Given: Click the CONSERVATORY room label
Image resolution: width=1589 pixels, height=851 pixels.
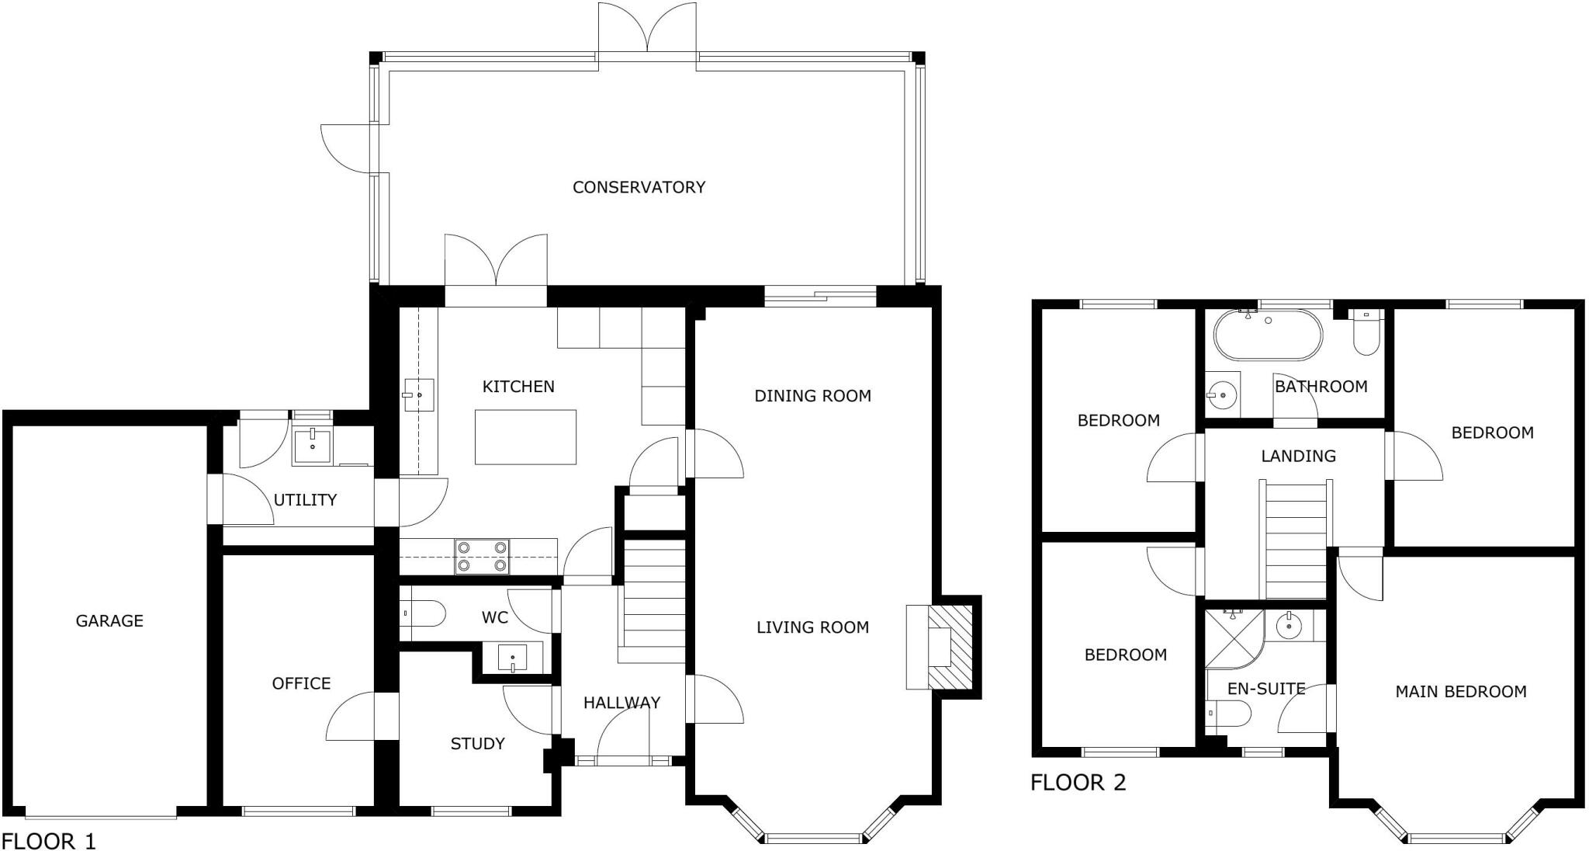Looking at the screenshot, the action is pos(639,187).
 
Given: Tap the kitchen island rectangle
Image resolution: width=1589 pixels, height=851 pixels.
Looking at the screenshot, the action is pos(525,437).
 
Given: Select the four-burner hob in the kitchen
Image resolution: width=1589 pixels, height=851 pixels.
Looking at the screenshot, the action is pos(483,557).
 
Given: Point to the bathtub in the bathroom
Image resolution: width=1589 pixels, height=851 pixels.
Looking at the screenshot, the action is pos(1266,335).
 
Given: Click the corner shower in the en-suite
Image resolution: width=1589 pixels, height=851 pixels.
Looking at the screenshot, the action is pos(1234,638).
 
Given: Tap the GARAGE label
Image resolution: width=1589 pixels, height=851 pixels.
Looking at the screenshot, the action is pos(109,620).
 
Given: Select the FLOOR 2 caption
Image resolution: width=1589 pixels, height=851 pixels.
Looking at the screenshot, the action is pos(1078,782).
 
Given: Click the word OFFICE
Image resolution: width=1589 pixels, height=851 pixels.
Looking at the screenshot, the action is pos(301,683).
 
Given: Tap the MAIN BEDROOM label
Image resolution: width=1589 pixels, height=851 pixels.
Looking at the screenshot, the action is pos(1461,691).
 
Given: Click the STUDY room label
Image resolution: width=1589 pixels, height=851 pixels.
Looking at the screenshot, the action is pos(478,744).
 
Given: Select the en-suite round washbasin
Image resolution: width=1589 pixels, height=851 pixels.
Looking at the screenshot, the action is pos(1290,625).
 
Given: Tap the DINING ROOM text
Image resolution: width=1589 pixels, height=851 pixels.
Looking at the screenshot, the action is pos(813,396).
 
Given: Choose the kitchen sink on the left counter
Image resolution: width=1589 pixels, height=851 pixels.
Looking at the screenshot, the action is pos(418,396).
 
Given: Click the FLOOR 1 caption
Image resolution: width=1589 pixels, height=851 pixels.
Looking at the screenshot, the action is pos(48,841).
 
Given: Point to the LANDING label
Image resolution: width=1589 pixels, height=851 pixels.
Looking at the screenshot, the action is pos(1298,456).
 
